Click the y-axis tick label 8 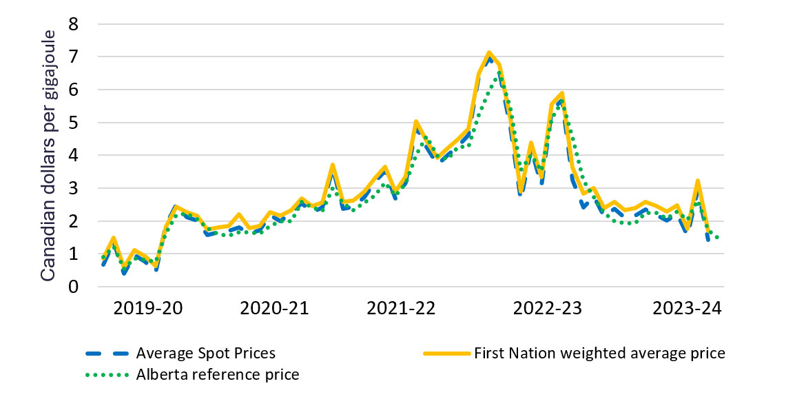pos(74,24)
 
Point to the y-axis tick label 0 pos(74,287)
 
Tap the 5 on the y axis pos(74,123)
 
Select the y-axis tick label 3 pos(74,188)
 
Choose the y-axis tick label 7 pos(74,57)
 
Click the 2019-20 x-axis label pos(148,308)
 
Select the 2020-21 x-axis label pos(274,308)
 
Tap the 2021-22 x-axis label pos(401,308)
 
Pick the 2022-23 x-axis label pos(548,308)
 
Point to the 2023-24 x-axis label pos(686,308)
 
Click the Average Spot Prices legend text pos(206,354)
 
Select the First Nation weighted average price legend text pos(599,354)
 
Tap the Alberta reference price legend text pos(218,374)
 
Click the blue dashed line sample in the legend pos(107,354)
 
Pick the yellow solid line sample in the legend pos(445,354)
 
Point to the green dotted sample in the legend pos(107,374)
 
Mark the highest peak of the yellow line pos(489,52)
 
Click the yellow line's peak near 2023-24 pos(698,181)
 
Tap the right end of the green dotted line pos(718,238)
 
